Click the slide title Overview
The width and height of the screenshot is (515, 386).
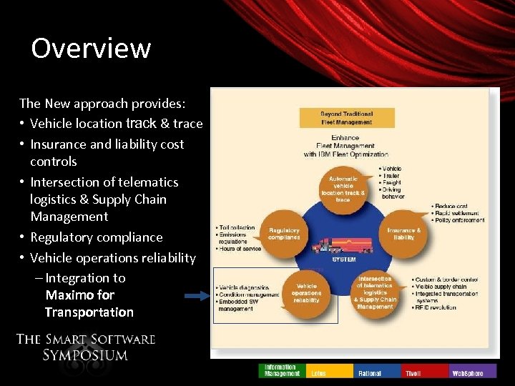click(91, 49)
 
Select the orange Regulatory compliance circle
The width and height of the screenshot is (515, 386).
click(284, 234)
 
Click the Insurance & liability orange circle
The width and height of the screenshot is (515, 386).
click(403, 234)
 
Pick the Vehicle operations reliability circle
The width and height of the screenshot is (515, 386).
click(307, 292)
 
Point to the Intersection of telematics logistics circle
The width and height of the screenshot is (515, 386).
click(375, 292)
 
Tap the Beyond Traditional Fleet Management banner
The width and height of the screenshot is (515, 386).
click(346, 117)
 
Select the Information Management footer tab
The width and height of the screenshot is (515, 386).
click(282, 370)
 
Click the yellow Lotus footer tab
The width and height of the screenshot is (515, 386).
click(329, 371)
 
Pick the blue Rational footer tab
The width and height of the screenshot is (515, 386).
click(377, 371)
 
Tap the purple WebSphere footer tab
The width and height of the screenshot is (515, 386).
click(472, 371)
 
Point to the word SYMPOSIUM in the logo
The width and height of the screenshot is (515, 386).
click(85, 355)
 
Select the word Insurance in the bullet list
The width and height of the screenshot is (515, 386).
click(58, 144)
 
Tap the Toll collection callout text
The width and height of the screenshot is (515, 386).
click(236, 228)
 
